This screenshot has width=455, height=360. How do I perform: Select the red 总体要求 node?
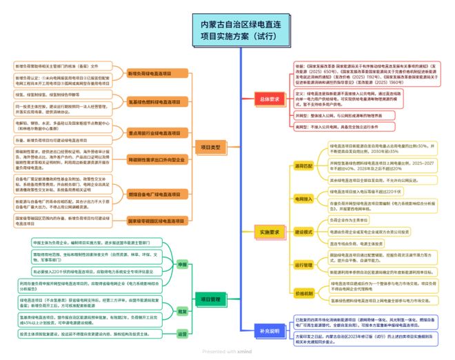270,98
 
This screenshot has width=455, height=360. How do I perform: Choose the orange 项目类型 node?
210,147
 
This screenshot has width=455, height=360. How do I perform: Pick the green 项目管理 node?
210,299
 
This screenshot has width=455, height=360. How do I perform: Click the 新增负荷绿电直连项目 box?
150,72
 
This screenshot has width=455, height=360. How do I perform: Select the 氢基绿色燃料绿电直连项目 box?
150,101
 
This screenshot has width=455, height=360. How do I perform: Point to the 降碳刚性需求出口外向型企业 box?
150,159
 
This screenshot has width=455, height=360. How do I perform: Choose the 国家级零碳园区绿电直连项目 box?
150,221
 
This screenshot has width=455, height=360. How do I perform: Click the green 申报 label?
183,264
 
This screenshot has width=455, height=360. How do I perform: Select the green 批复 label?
183,311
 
